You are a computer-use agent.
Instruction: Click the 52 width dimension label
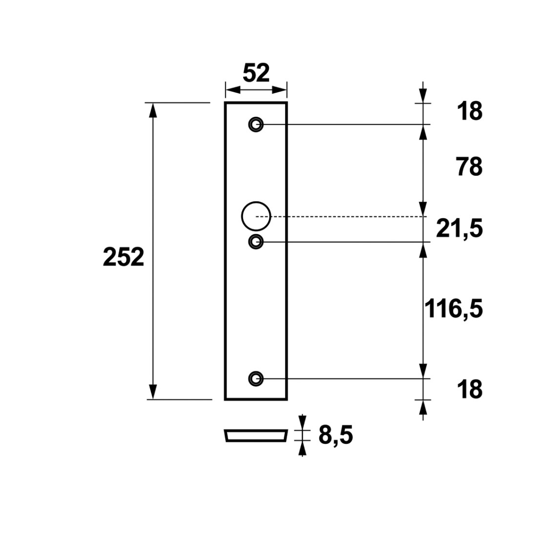coord(256,73)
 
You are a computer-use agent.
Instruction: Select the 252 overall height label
coord(124,257)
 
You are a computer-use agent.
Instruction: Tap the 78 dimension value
coord(470,167)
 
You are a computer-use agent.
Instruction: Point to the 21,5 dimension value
coord(460,229)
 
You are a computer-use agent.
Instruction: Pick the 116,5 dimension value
coord(454,309)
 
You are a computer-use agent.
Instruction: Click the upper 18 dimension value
coord(470,111)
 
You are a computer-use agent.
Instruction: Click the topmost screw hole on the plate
coord(256,124)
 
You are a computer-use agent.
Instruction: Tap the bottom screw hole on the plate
coord(256,378)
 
